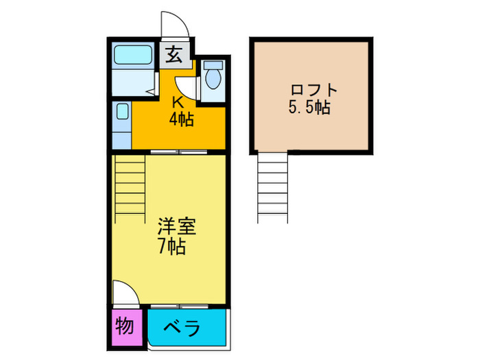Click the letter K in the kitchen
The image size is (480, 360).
click(x=177, y=103)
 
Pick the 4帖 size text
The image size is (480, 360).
click(x=181, y=119)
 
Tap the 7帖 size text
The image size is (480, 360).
click(x=171, y=247)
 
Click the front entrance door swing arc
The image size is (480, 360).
click(x=173, y=26)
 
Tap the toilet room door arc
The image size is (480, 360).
click(x=187, y=86)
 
